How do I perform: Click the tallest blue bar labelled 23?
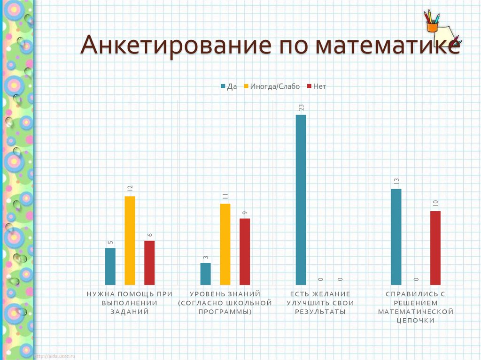coord(301,199)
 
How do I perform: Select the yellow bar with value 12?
coord(130,240)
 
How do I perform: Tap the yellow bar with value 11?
coord(225,244)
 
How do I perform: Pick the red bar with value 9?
coord(245,252)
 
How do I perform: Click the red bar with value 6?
coord(149,262)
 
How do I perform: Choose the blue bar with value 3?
coord(205,274)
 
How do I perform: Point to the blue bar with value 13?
coord(396,237)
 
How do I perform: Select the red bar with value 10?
coord(435,248)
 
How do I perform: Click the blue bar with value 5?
coord(110,266)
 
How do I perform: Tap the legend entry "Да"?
coord(229,86)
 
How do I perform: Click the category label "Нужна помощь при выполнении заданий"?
coord(130,302)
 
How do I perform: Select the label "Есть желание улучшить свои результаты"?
coord(320,302)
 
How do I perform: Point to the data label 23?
coord(301,107)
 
